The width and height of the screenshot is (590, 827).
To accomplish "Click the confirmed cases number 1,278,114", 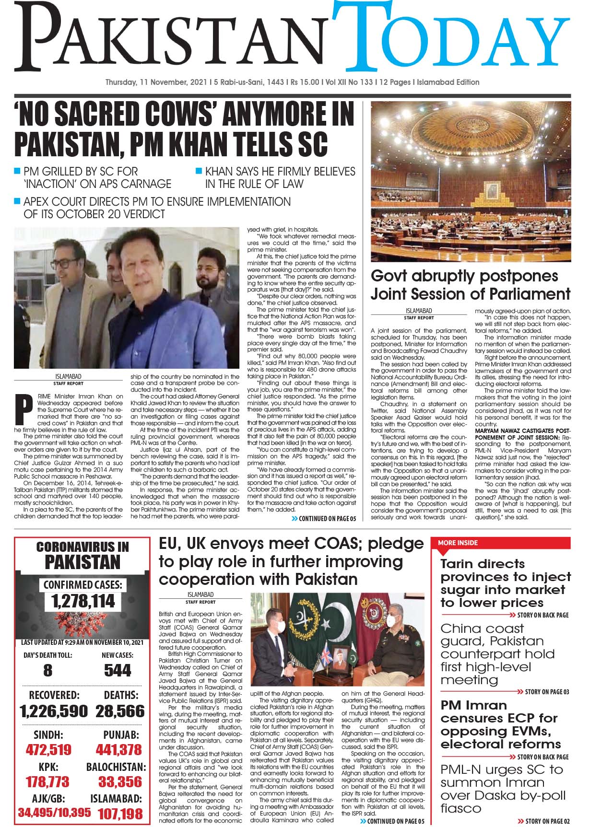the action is (83, 601).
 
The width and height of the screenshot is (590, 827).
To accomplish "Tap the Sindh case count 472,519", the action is (48, 750).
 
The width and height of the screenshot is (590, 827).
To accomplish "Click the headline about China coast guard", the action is (497, 654).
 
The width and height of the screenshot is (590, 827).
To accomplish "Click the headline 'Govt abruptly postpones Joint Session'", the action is (470, 284).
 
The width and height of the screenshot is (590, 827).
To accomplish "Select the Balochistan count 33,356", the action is (120, 782).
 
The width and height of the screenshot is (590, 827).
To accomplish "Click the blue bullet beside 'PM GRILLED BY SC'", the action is (17, 171).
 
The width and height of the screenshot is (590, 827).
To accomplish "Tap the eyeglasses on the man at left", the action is (64, 263).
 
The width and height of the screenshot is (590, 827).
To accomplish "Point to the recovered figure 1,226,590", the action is (54, 711).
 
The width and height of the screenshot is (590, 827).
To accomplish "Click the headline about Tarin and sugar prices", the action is (506, 583).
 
